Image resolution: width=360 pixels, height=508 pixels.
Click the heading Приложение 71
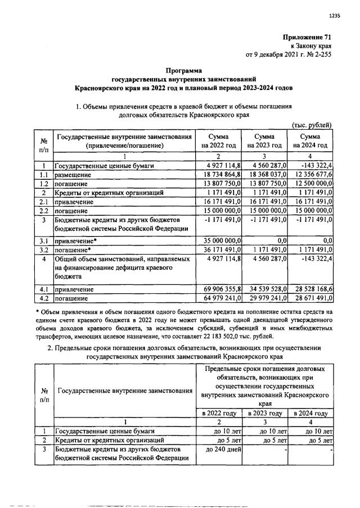tap(307, 37)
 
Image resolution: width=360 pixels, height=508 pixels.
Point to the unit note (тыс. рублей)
tap(312, 125)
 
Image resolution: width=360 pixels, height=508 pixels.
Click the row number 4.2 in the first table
tap(43, 298)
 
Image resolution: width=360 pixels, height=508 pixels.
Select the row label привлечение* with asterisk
tap(73, 240)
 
